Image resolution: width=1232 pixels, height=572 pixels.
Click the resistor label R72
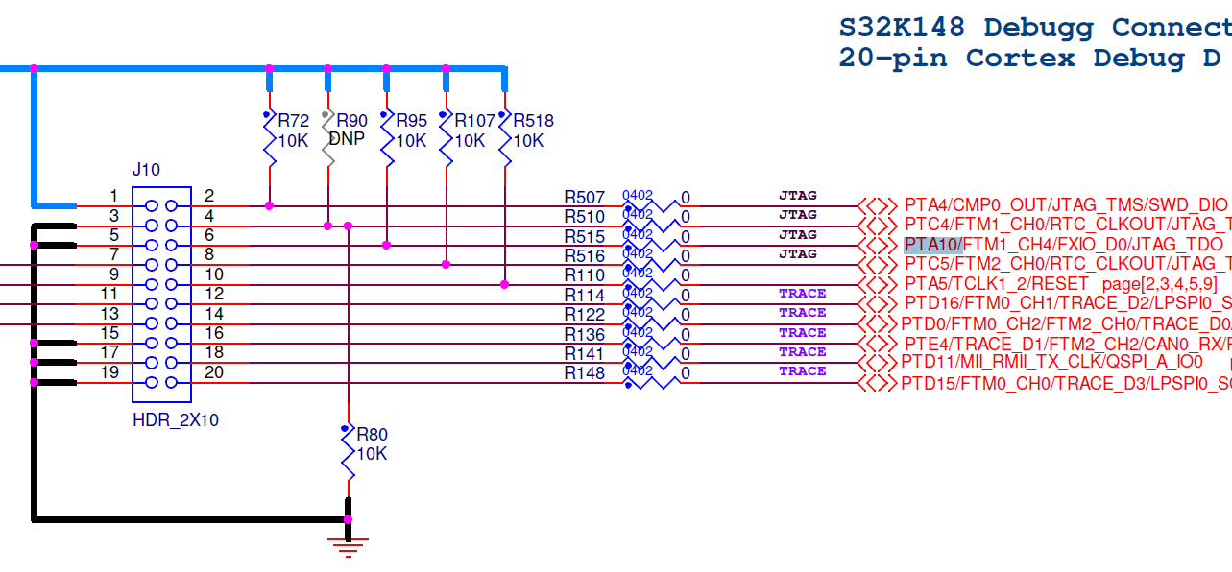pos(294,121)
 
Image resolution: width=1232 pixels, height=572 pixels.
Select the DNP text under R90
pos(347,139)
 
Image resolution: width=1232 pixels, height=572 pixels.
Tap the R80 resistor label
pos(372,434)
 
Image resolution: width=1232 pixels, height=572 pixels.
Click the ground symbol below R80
pos(348,545)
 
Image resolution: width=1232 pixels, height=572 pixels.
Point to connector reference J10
pos(146,170)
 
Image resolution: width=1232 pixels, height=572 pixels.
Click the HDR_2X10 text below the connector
pos(176,420)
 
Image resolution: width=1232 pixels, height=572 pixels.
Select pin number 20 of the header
pos(213,372)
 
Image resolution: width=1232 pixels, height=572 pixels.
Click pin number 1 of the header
pos(113,196)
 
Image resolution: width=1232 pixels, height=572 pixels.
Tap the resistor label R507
pos(584,197)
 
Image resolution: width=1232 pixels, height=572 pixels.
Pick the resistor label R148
pos(584,373)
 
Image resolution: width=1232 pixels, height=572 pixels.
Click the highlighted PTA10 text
pos(932,245)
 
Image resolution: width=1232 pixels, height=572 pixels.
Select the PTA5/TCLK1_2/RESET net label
pos(996,284)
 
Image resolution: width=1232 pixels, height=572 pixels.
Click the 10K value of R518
pos(528,140)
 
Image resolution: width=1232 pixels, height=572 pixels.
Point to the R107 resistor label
pos(474,121)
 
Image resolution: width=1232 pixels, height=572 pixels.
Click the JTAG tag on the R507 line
pos(797,195)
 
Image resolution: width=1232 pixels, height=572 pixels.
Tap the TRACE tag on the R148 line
pos(802,370)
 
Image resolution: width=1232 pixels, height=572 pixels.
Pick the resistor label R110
pos(584,275)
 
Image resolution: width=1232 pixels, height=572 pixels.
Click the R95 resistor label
pos(411,121)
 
